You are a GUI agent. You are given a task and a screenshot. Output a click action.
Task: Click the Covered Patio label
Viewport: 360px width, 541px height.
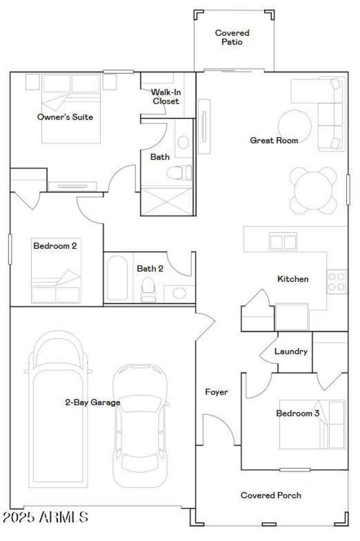tap(232, 37)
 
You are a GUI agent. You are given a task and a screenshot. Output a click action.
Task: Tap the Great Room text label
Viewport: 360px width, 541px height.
tap(274, 141)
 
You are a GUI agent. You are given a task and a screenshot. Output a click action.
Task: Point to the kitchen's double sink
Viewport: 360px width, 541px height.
tap(283, 242)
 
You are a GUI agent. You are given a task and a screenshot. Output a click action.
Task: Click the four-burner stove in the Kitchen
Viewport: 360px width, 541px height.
tap(337, 282)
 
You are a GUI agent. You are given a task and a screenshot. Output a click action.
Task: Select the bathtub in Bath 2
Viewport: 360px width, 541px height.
tap(118, 278)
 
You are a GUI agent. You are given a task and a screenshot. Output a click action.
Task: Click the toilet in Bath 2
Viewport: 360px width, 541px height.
tap(148, 289)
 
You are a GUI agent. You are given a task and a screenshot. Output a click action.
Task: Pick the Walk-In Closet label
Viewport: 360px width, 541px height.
tap(166, 97)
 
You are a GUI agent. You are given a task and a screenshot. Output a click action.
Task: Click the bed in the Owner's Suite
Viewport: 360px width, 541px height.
tap(71, 108)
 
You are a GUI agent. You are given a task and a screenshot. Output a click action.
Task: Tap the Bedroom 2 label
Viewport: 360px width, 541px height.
tap(51, 246)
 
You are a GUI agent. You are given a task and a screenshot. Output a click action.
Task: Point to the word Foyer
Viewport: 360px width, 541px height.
tap(216, 392)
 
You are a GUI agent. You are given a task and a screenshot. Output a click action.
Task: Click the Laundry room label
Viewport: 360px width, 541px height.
tap(291, 352)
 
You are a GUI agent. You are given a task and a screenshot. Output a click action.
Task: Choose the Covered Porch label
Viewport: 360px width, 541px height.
tap(271, 495)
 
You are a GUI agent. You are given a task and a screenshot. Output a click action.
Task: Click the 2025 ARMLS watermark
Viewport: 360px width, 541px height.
tap(45, 517)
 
